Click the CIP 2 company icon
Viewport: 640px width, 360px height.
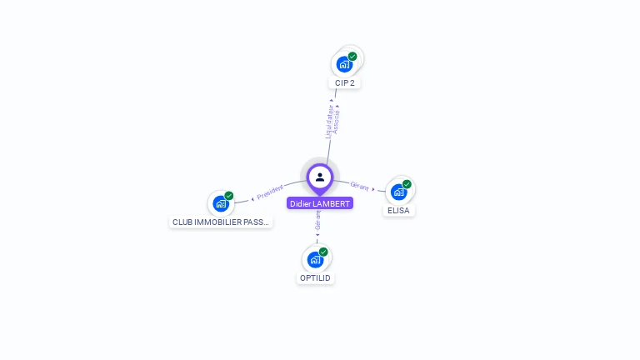pos(344,64)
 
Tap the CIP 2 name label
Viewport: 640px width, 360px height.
pos(345,83)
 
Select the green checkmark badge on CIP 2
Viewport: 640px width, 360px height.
pos(352,57)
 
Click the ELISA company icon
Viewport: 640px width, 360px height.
pos(398,192)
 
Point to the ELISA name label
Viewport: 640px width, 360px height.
pos(400,211)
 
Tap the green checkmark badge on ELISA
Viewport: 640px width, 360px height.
pos(407,184)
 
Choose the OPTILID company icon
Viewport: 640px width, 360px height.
pos(315,259)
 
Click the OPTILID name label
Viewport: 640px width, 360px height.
pos(315,277)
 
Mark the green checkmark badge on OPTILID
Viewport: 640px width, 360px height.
pos(323,252)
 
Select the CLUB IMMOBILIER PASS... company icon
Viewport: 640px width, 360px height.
pos(221,203)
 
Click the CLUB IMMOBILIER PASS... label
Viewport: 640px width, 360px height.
pos(221,222)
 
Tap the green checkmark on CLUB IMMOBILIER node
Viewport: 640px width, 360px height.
pos(229,196)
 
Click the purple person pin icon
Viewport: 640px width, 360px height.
pos(320,177)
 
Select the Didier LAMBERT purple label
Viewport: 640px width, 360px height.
pos(320,203)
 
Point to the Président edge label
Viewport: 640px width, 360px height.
pos(271,192)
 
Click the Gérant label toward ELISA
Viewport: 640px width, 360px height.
pos(359,187)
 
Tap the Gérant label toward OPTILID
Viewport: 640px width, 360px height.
pos(317,221)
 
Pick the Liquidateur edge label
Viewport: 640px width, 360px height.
pos(329,121)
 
